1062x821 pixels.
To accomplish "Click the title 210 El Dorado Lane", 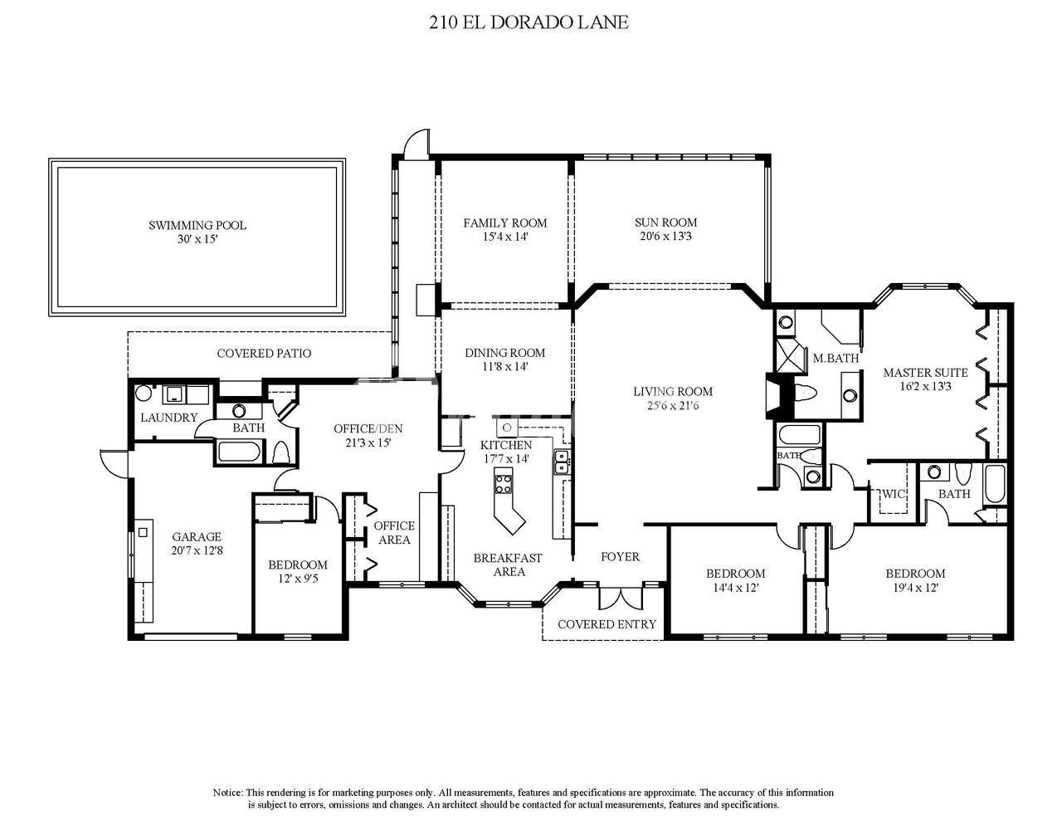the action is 529,23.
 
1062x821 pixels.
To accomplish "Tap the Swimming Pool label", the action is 197,226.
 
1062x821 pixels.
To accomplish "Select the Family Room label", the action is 505,223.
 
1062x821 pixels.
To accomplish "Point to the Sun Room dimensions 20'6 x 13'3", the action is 665,237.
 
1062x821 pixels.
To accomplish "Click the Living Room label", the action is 673,391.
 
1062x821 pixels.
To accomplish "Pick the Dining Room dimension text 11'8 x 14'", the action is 504,367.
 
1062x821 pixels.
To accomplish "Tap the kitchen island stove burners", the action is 504,484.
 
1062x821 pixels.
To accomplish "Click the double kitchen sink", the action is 562,462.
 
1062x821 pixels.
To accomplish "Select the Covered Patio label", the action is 264,353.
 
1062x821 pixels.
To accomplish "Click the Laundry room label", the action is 168,418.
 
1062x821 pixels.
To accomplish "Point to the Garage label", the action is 197,536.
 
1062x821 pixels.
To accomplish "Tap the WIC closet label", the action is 894,494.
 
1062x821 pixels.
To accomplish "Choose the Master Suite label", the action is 926,373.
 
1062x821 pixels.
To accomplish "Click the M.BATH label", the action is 835,359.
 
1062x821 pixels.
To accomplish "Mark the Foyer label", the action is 621,556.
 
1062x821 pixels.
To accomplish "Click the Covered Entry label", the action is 607,624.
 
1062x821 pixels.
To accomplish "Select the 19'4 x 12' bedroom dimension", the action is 915,587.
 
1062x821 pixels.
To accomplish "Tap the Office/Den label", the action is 368,429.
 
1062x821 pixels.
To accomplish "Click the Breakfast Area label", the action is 509,564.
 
